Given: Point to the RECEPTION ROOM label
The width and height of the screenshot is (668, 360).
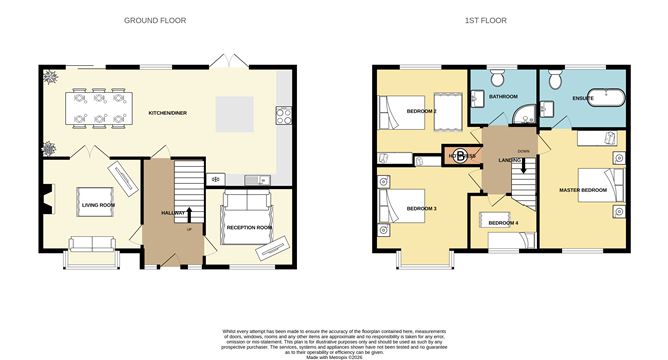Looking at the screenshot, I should pos(250,228).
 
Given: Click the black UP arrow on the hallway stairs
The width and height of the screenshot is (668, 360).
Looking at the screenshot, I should pos(188,211).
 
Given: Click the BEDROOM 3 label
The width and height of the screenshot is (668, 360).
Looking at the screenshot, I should pos(420,207).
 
